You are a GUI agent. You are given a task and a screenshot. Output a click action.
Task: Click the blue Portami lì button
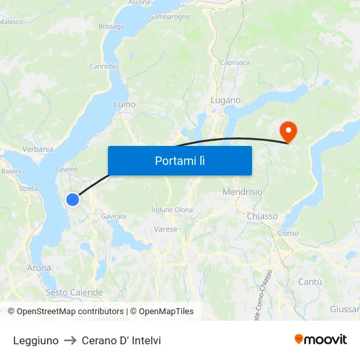click(x=179, y=160)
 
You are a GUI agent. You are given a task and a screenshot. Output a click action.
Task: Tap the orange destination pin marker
click(x=288, y=131)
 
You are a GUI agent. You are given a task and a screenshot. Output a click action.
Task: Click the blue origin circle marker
click(x=73, y=200)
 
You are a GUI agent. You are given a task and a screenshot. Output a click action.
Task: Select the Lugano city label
click(x=225, y=100)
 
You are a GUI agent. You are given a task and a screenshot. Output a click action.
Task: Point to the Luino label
click(x=124, y=104)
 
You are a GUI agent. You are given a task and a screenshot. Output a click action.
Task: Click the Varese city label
click(x=166, y=229)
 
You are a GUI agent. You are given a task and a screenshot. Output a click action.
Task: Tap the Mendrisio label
click(x=242, y=192)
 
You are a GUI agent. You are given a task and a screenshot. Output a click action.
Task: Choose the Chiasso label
click(x=262, y=216)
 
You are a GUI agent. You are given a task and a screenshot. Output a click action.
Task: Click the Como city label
click(x=288, y=233)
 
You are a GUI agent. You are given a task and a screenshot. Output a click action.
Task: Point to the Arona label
click(x=39, y=268)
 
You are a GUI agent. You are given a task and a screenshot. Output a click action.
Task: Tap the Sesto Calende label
click(x=74, y=292)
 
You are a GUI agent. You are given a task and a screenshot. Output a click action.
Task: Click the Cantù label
click(x=310, y=281)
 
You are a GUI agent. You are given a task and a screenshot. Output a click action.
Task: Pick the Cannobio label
click(x=104, y=66)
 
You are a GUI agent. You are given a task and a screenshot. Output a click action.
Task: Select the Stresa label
click(x=29, y=189)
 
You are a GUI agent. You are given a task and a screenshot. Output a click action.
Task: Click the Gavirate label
click(x=114, y=216)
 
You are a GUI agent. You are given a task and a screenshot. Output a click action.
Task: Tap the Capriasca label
click(x=235, y=63)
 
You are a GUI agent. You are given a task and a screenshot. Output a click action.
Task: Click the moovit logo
click(x=320, y=339)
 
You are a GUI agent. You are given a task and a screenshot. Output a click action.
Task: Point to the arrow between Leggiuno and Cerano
click(x=69, y=340)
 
